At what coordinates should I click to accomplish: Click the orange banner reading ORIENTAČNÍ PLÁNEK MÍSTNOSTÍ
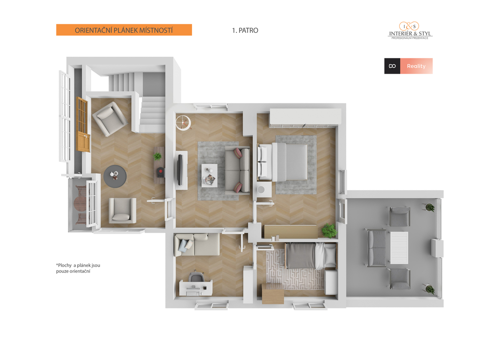click(x=124, y=30)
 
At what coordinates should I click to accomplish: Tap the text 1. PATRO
click(x=245, y=31)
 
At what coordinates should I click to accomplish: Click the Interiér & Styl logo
click(x=410, y=31)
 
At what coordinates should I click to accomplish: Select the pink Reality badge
click(x=416, y=66)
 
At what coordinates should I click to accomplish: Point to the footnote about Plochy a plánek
click(x=78, y=268)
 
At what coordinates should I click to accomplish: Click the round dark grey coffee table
click(x=115, y=176)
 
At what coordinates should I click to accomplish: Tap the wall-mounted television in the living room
click(x=180, y=170)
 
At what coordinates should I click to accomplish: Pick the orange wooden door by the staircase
click(x=83, y=124)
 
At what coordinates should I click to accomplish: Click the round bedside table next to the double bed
click(x=261, y=190)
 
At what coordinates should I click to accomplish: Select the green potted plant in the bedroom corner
click(x=329, y=230)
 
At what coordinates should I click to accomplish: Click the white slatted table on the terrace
click(x=399, y=248)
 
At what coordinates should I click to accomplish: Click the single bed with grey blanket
click(x=311, y=256)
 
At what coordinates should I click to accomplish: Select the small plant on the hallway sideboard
click(x=158, y=156)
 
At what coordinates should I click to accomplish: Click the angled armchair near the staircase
click(x=110, y=119)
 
